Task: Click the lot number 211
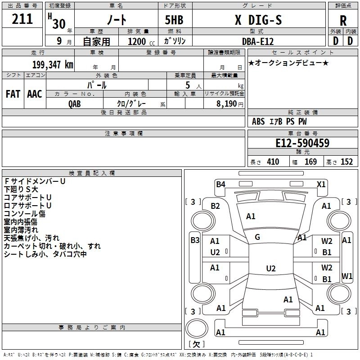(22, 19)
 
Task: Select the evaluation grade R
(343, 21)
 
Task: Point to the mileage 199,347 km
(53, 64)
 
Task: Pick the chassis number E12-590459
(302, 143)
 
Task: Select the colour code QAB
(75, 103)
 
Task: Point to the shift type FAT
(13, 94)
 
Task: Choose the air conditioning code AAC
(35, 94)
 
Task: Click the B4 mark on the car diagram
(220, 184)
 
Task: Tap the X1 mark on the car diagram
(321, 184)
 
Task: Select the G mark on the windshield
(257, 237)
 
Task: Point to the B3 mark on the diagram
(195, 240)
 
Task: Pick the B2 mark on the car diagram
(216, 206)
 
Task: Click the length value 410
(273, 162)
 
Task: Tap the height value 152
(346, 162)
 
